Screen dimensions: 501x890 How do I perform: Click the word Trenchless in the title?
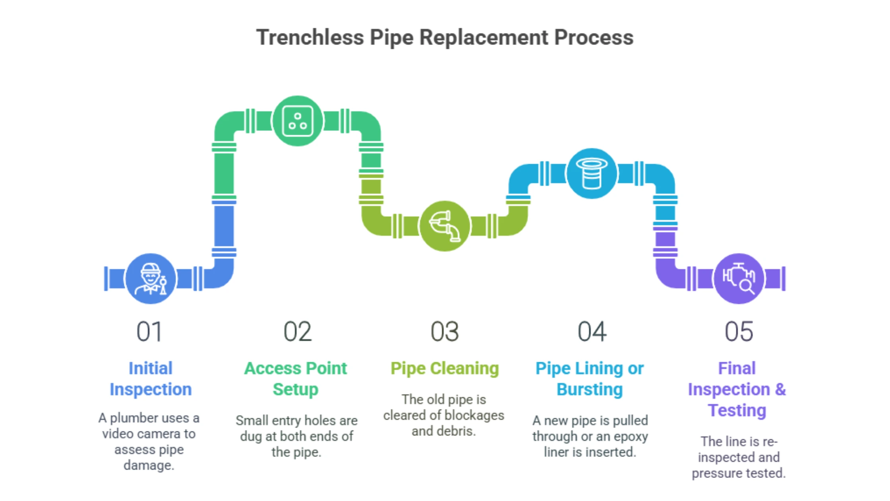coord(310,37)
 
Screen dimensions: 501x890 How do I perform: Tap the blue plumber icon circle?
coord(150,279)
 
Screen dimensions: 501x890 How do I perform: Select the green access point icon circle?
coord(298,121)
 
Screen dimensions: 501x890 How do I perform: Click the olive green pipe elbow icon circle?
coord(445,226)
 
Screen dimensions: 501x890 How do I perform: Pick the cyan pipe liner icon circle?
coord(592,174)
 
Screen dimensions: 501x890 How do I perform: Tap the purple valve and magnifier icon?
coord(739,279)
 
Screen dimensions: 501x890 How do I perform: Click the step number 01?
coord(149,332)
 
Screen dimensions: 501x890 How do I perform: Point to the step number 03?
coord(445,332)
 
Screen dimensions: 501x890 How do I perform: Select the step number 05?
coord(739,332)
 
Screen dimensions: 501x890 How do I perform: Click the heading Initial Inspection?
coord(151,379)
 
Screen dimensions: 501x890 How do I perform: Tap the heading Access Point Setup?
coord(295,379)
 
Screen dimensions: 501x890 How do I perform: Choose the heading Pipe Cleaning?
coord(445,368)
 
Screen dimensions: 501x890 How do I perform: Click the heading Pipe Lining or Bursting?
coord(590,379)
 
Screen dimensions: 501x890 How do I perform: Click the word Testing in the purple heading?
coord(737,410)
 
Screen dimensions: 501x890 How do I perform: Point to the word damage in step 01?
coord(149,465)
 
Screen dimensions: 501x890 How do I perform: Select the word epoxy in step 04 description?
coord(631,436)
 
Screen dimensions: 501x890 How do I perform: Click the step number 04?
coord(592,332)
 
